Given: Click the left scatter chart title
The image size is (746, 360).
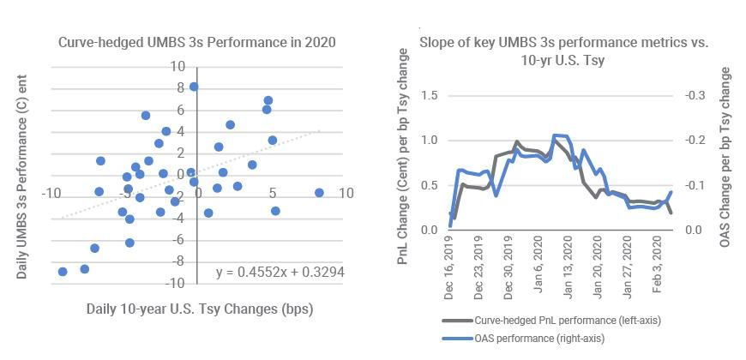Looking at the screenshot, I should tap(196, 42).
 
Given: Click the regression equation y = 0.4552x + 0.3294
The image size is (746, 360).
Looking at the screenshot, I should tap(280, 272).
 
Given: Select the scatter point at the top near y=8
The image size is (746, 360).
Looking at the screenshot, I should tap(194, 87).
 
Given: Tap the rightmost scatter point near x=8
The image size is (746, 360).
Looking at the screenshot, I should tap(320, 193).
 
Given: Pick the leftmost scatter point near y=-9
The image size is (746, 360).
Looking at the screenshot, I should tap(63, 272).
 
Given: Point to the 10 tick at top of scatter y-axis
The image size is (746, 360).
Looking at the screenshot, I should tap(177, 66).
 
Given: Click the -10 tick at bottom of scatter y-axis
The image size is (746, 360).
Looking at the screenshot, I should tap(175, 283).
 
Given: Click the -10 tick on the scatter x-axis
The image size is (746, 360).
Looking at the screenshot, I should tap(51, 194).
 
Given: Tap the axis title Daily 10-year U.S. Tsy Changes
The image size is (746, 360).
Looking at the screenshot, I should tap(199, 309).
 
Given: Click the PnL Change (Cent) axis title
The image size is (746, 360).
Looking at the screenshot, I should tap(404, 156).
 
